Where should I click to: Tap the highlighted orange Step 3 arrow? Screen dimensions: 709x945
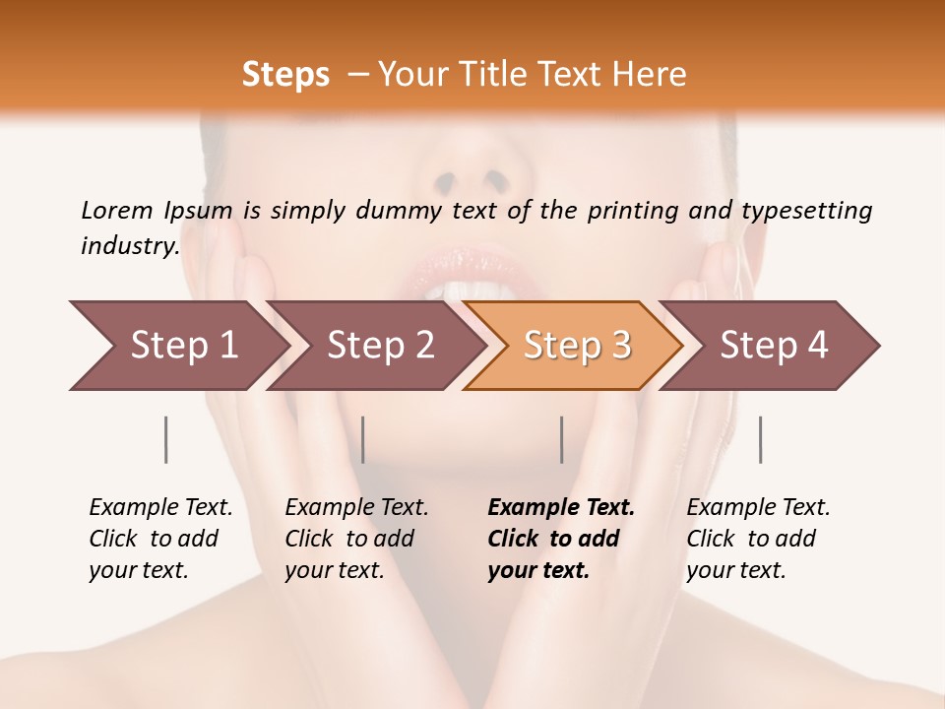(x=576, y=346)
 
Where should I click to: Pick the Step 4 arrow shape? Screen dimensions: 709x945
(x=773, y=346)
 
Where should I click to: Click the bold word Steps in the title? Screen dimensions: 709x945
(x=285, y=75)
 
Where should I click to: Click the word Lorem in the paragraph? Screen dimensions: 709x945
(x=116, y=210)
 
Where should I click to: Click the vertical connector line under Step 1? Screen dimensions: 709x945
(x=166, y=439)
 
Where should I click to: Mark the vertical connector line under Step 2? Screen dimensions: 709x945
(x=363, y=439)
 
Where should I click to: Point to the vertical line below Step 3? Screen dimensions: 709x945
(x=561, y=439)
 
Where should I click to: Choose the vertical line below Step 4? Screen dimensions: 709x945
(x=760, y=439)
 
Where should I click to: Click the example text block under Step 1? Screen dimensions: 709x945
(x=160, y=539)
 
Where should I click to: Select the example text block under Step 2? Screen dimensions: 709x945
(x=356, y=539)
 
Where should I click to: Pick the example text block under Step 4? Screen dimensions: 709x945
(x=758, y=539)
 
